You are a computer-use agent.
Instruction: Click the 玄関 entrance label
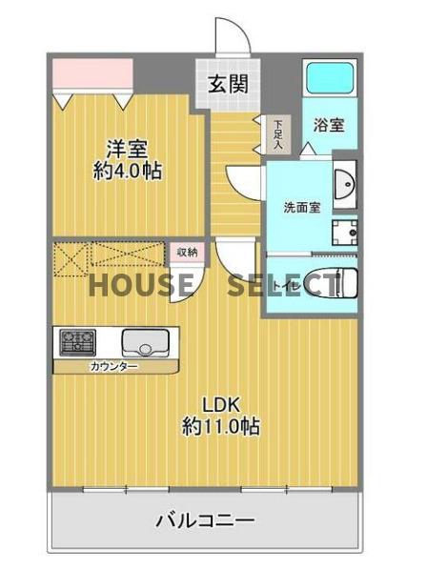[229, 84]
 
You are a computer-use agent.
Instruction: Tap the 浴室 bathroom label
[329, 124]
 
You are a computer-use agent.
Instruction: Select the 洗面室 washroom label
[300, 206]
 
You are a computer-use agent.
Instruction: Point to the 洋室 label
[126, 149]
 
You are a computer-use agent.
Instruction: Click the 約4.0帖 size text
[126, 172]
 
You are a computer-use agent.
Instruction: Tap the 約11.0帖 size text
[221, 426]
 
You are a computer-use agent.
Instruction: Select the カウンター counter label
[113, 366]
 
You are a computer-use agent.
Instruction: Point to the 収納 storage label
[187, 252]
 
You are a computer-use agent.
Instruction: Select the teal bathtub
[329, 77]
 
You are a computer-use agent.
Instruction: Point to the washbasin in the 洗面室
[345, 182]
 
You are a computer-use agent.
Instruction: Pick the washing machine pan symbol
[344, 233]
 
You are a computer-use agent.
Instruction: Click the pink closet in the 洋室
[91, 72]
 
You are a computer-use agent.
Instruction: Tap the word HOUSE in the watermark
[142, 284]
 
